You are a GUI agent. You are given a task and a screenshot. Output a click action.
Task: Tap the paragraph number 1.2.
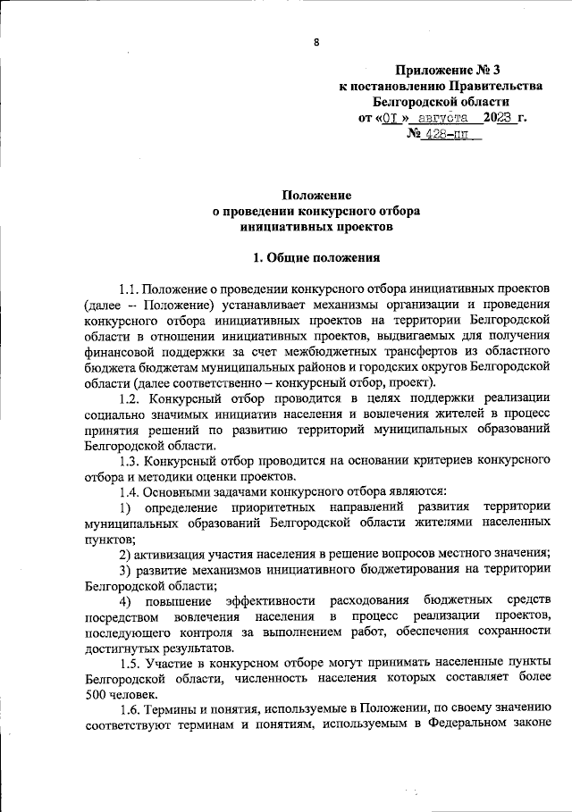point(130,398)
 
